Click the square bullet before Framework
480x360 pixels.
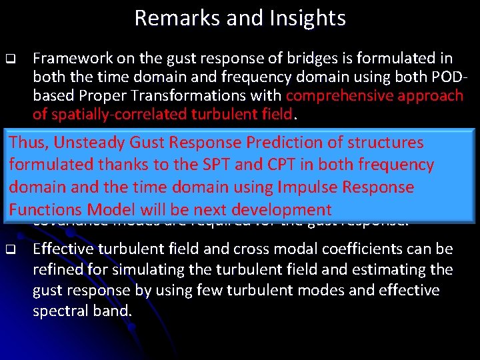click(10, 59)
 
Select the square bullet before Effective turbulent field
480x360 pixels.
click(10, 251)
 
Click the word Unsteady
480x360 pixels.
click(89, 143)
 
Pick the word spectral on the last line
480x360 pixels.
click(58, 310)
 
